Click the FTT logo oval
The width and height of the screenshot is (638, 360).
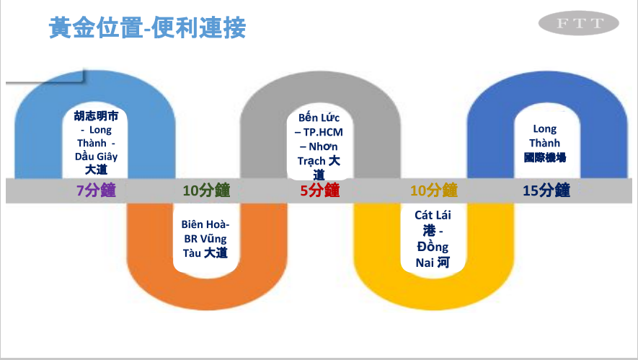pos(579,25)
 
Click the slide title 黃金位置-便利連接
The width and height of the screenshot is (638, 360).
pos(147,28)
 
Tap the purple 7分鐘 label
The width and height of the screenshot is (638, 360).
pos(96,190)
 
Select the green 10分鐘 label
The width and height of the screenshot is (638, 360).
pos(206,190)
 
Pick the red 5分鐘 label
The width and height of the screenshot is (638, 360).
pos(319,190)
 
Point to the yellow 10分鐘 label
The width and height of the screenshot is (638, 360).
pos(434,190)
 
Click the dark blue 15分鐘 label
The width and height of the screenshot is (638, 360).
pos(546,190)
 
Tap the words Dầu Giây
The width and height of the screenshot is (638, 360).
pos(96,156)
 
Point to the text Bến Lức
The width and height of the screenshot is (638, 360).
pos(319,118)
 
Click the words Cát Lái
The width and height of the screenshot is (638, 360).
pos(433,215)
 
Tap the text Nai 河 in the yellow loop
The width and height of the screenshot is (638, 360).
pos(433,263)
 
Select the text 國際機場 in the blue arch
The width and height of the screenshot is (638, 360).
pos(545,157)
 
